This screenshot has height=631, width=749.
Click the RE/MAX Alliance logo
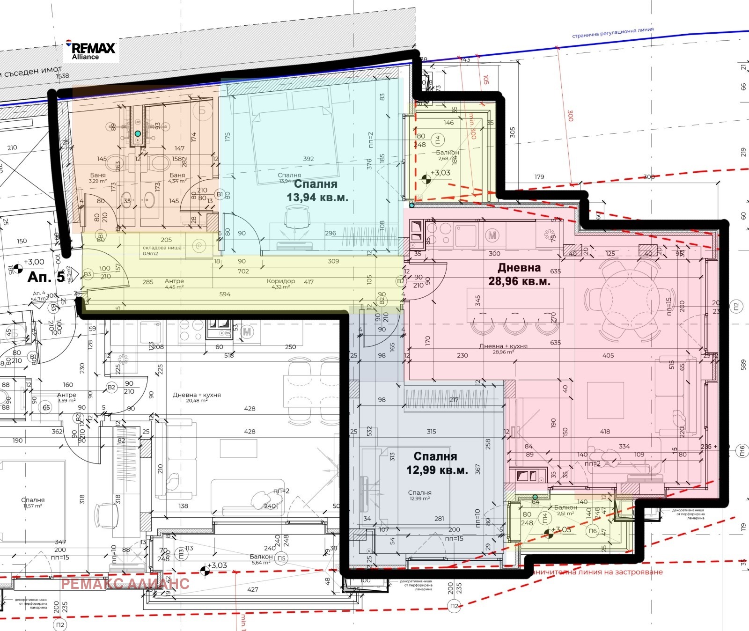(x=92, y=51)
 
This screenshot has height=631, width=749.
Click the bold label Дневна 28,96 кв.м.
(x=519, y=274)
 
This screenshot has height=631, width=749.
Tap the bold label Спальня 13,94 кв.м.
(x=317, y=191)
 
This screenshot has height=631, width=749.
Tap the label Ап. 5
(x=46, y=277)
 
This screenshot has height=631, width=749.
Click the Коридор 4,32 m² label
(x=281, y=284)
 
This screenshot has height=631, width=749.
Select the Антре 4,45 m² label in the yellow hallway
(x=174, y=284)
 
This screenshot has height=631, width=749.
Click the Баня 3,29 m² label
(x=98, y=178)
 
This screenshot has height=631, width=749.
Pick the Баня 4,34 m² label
(x=177, y=178)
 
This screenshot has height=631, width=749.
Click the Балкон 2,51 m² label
(x=565, y=510)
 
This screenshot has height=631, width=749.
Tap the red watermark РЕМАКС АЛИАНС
(x=125, y=584)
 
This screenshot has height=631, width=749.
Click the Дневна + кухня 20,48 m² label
(x=197, y=397)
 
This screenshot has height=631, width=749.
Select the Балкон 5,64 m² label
(x=261, y=559)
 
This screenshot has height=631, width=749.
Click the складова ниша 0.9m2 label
(x=163, y=250)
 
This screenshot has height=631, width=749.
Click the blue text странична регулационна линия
(x=612, y=33)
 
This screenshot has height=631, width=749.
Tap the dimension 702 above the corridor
(x=243, y=271)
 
